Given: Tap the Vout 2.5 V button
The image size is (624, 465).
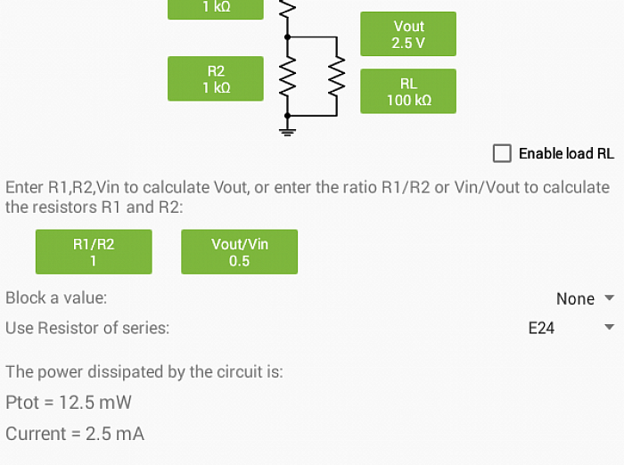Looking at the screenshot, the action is click(408, 34).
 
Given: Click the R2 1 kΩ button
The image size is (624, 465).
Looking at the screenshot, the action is click(216, 78).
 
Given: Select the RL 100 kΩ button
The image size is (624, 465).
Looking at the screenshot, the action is click(408, 91).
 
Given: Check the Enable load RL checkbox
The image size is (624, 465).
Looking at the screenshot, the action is click(502, 153).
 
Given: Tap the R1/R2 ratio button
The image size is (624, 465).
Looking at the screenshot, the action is click(94, 252).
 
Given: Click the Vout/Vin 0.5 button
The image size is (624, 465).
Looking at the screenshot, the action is click(240, 252).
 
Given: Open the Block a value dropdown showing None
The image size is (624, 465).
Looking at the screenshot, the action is click(585, 298).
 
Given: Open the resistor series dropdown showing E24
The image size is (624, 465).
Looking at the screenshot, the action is click(571, 328).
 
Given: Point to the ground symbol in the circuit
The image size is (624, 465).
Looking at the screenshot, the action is click(287, 133).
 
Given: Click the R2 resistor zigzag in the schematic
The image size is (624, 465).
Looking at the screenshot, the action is click(287, 76).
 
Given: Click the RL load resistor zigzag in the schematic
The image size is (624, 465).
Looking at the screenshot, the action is click(337, 76).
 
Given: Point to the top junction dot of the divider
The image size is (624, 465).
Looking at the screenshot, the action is click(287, 37).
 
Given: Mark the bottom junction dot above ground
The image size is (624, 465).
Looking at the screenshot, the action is click(287, 116).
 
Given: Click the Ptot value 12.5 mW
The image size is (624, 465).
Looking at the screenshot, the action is click(95, 402).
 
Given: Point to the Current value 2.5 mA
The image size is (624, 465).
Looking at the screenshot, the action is click(115, 434).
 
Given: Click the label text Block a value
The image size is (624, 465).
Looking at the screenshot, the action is click(56, 298).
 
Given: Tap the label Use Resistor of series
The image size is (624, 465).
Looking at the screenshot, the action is click(87, 328).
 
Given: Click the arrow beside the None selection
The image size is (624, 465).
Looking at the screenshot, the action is click(609, 298).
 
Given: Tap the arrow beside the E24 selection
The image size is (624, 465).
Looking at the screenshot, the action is click(609, 327).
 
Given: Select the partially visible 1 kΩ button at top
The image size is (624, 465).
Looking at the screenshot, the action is click(216, 9).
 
